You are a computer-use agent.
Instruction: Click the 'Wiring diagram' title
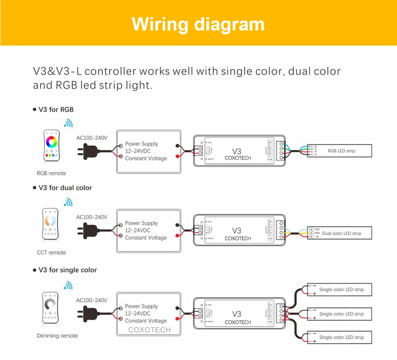coord(198,24)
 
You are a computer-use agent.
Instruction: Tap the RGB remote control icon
coord(51,146)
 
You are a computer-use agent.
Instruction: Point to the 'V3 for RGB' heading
coord(56,110)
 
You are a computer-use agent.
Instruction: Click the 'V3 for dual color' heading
coord(65,188)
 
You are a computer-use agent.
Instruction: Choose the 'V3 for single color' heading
coord(68,270)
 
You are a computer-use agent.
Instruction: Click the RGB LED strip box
coord(339,151)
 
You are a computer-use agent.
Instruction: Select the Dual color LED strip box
coord(339,233)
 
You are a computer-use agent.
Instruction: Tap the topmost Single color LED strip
coord(339,289)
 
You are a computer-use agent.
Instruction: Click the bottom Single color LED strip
coord(339,337)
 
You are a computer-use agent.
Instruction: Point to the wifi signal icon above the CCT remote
coord(68,203)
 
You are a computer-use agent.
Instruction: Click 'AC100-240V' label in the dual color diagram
coord(92,217)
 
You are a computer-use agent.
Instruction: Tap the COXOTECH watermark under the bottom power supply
coord(149,330)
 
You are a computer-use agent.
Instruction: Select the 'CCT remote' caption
coord(51,253)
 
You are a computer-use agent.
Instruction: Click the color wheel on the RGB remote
coord(51,142)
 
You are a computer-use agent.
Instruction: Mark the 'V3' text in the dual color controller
coord(237,231)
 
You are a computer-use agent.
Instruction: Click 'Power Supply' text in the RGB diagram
coord(142,144)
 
